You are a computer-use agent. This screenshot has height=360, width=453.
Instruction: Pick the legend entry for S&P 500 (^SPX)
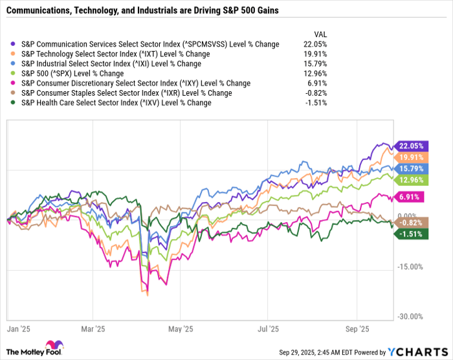[72, 73]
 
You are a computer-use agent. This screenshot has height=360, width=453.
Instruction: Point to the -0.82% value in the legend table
[315, 93]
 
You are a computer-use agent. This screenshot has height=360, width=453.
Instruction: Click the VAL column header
[320, 33]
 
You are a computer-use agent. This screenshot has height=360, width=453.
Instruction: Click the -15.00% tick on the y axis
[410, 267]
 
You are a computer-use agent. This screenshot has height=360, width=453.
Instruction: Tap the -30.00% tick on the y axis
[410, 317]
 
